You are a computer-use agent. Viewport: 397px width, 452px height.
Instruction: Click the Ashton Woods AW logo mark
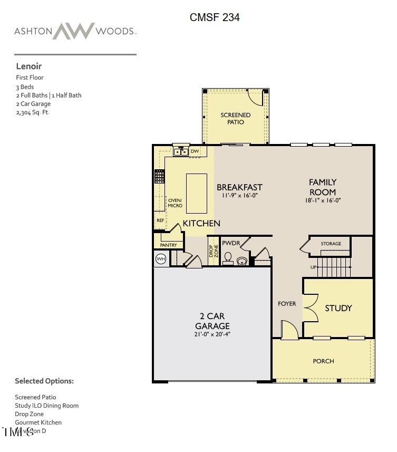pos(73,31)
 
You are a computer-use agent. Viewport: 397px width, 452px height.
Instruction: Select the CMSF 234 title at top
pos(215,17)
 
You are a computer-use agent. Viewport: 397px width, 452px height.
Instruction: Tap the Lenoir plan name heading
pos(28,66)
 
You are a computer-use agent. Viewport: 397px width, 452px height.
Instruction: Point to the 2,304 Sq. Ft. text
pos(33,112)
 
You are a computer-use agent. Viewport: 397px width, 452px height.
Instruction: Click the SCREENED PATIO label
pos(236,118)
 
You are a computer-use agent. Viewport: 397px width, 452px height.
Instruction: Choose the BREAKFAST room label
pos(239,187)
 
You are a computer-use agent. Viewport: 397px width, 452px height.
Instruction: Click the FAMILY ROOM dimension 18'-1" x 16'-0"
pos(323,200)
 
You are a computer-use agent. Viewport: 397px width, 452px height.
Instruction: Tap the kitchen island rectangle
pos(197,193)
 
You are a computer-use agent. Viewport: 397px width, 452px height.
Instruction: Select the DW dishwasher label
pos(195,152)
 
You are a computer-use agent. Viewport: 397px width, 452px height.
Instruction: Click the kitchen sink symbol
pos(180,152)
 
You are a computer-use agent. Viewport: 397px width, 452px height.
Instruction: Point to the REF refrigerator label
pos(160,220)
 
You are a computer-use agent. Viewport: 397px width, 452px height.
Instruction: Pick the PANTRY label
pos(168,245)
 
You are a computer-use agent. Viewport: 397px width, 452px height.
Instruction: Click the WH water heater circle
pos(161,259)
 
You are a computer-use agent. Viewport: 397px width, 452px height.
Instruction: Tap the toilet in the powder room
pos(228,258)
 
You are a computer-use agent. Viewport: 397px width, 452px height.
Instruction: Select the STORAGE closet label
pos(331,244)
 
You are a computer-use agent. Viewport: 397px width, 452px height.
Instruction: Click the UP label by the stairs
pos(314,267)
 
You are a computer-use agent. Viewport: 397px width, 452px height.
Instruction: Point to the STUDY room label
pos(338,308)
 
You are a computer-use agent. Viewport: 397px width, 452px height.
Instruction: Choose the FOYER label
pos(287,304)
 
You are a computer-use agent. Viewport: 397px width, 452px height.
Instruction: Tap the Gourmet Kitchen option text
pos(38,422)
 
